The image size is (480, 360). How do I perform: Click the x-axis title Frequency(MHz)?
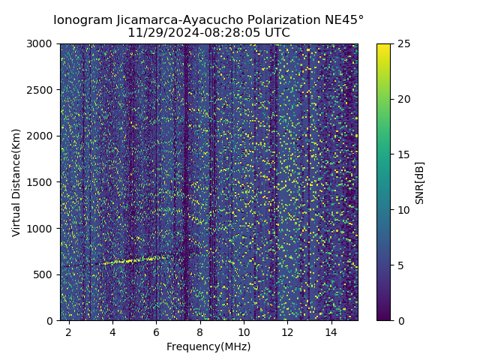pos(208,346)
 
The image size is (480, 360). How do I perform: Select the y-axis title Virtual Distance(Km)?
pos(16,182)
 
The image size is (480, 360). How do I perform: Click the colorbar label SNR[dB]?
pos(419,182)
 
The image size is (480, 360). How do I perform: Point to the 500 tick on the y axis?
pos(45,274)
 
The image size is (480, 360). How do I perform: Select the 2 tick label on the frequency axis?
pos(68,331)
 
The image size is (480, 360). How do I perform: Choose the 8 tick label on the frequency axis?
pos(200,331)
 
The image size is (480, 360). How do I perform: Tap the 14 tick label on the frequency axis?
pos(331,331)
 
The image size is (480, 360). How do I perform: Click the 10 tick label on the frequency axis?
pos(244,331)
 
